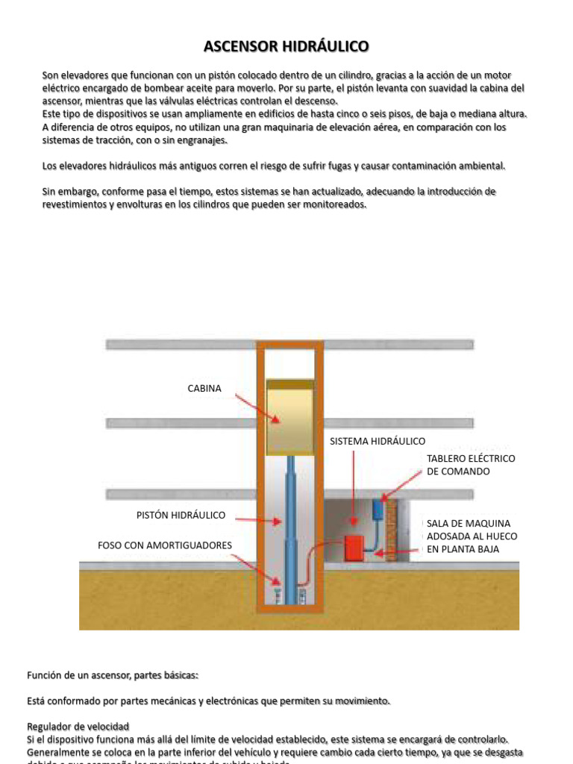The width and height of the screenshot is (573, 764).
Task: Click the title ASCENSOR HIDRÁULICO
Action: pyautogui.click(x=286, y=47)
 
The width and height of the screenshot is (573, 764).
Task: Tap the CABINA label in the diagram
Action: pyautogui.click(x=204, y=389)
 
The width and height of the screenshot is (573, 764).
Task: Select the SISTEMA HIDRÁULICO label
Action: pyautogui.click(x=378, y=442)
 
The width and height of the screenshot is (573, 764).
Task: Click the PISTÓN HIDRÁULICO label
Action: pyautogui.click(x=181, y=516)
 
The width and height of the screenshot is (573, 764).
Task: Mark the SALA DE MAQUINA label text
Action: pyautogui.click(x=472, y=536)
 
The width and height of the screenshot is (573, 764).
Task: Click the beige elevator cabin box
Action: pyautogui.click(x=290, y=422)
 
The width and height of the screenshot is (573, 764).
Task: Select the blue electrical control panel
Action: pyautogui.click(x=378, y=509)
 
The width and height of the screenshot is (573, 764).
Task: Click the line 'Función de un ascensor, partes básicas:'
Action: pyautogui.click(x=113, y=675)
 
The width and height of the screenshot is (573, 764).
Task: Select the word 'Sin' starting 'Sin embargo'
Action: pyautogui.click(x=50, y=192)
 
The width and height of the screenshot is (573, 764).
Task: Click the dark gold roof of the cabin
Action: pyautogui.click(x=290, y=384)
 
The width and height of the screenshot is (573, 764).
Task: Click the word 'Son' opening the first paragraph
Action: pyautogui.click(x=51, y=75)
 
